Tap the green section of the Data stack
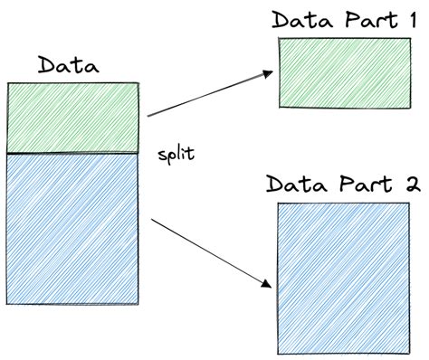point(72,118)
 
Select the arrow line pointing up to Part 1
point(208,95)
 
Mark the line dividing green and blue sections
point(72,154)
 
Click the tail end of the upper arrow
point(148,115)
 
